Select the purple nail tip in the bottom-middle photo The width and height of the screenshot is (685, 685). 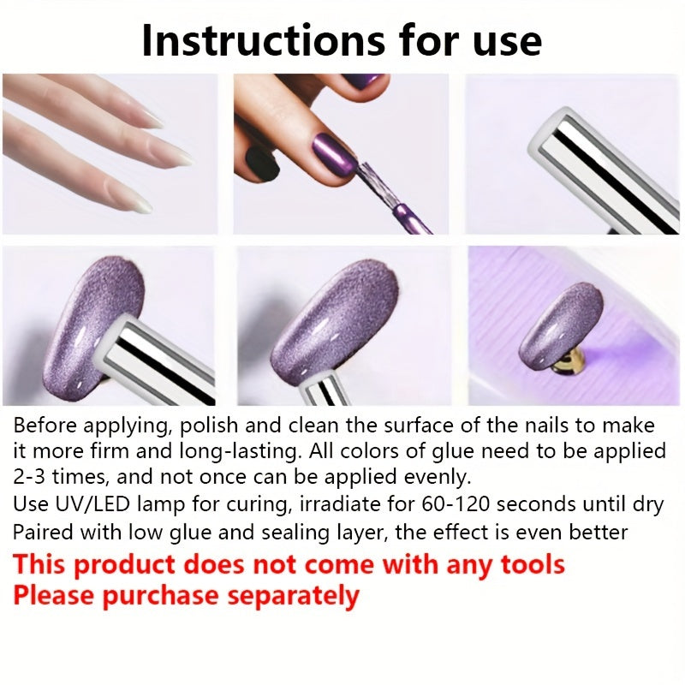(333, 322)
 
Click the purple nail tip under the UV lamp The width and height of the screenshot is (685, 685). (561, 325)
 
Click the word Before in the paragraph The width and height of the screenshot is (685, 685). (45, 425)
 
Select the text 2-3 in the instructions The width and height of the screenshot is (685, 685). (29, 477)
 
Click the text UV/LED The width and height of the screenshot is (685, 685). (92, 504)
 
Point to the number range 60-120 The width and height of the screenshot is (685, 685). (456, 504)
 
